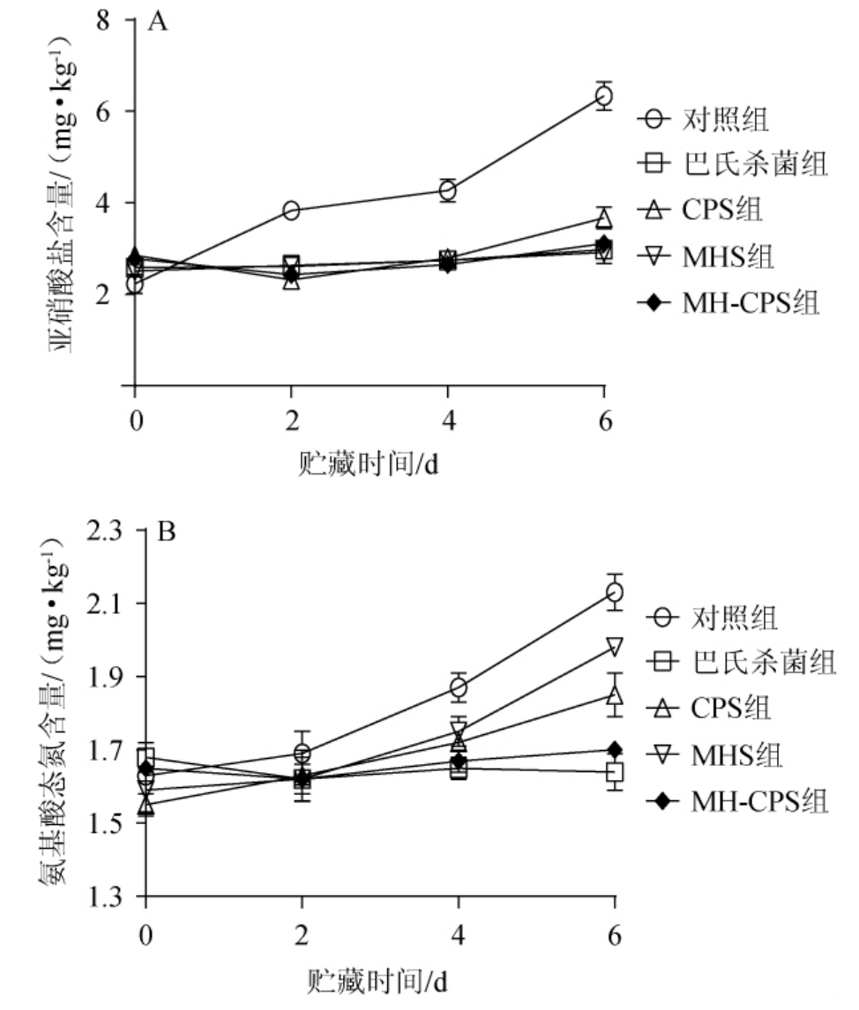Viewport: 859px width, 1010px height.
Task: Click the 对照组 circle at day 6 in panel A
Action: (603, 95)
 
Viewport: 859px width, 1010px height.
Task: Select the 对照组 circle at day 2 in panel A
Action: (291, 210)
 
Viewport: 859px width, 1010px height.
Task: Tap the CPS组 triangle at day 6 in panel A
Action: (603, 218)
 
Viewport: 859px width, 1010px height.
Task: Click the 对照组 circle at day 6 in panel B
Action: (614, 592)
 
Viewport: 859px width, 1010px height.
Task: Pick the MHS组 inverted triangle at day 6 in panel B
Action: (614, 646)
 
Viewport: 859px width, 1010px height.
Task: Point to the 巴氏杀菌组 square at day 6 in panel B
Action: (614, 773)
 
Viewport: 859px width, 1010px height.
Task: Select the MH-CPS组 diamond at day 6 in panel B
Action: (614, 750)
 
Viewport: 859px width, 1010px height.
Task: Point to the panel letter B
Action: (166, 532)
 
